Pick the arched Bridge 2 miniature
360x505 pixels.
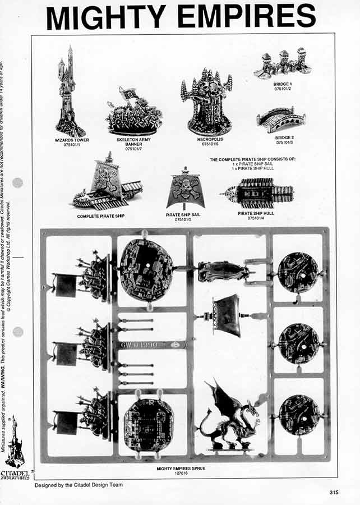[x=281, y=120]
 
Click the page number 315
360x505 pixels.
[x=334, y=493]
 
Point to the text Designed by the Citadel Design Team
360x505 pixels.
[x=79, y=485]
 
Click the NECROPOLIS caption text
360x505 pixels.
[x=206, y=139]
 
